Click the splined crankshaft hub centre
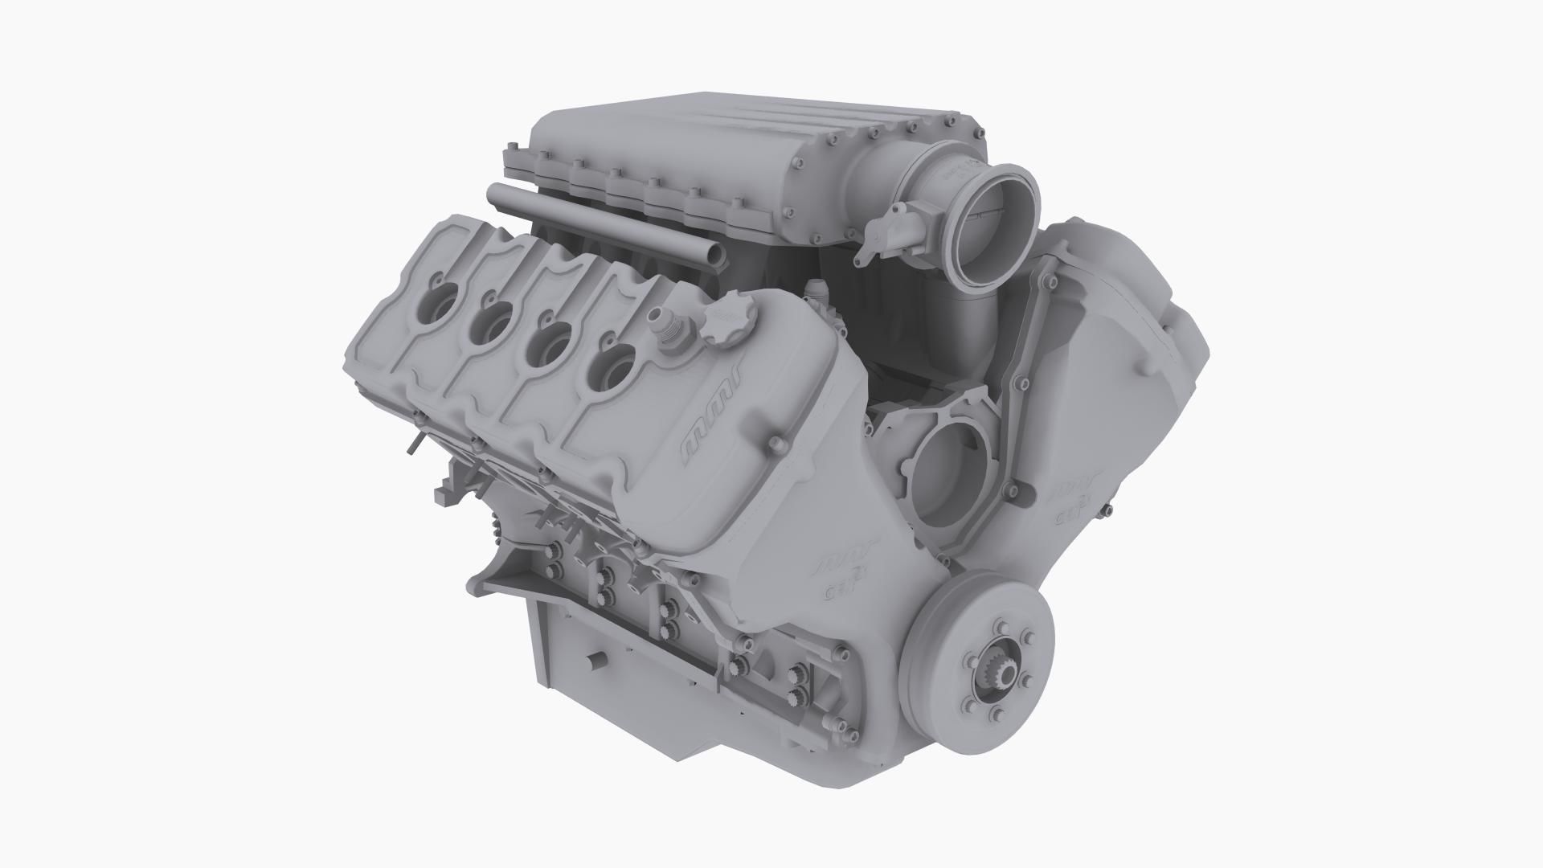pos(995,665)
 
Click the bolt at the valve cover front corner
pos(776,444)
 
